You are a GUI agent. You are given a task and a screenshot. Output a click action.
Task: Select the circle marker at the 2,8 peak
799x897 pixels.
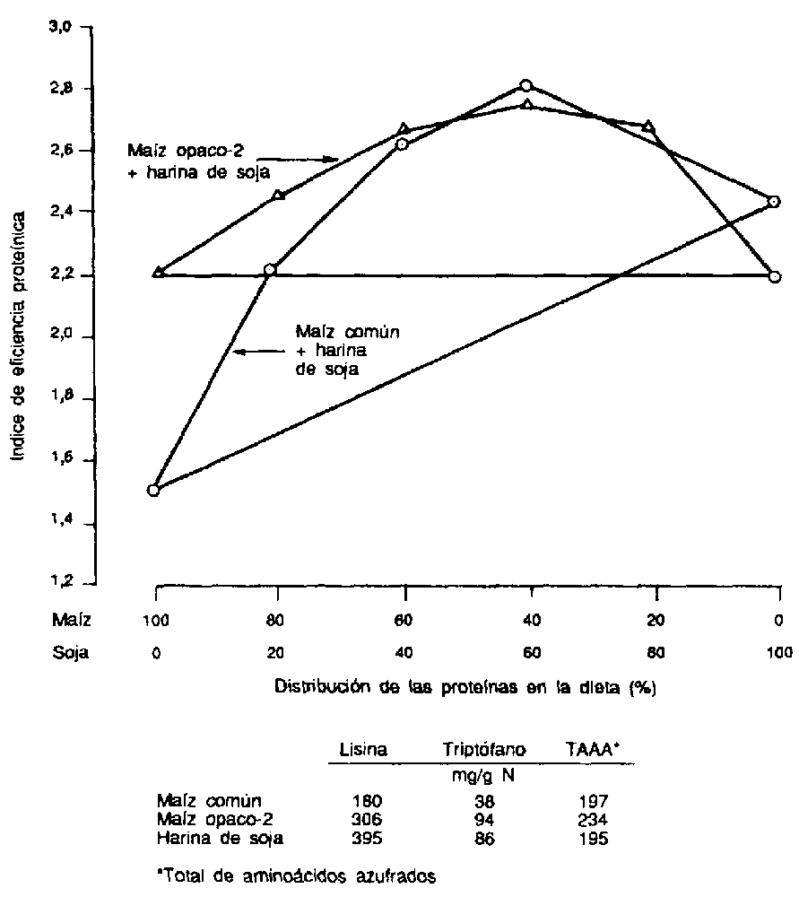pos(526,85)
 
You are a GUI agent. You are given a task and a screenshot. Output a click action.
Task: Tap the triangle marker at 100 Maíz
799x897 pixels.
pos(158,271)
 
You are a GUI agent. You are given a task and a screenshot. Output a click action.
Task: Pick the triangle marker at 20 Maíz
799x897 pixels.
pos(648,126)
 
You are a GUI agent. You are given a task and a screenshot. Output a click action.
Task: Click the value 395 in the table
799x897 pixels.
pos(368,839)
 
